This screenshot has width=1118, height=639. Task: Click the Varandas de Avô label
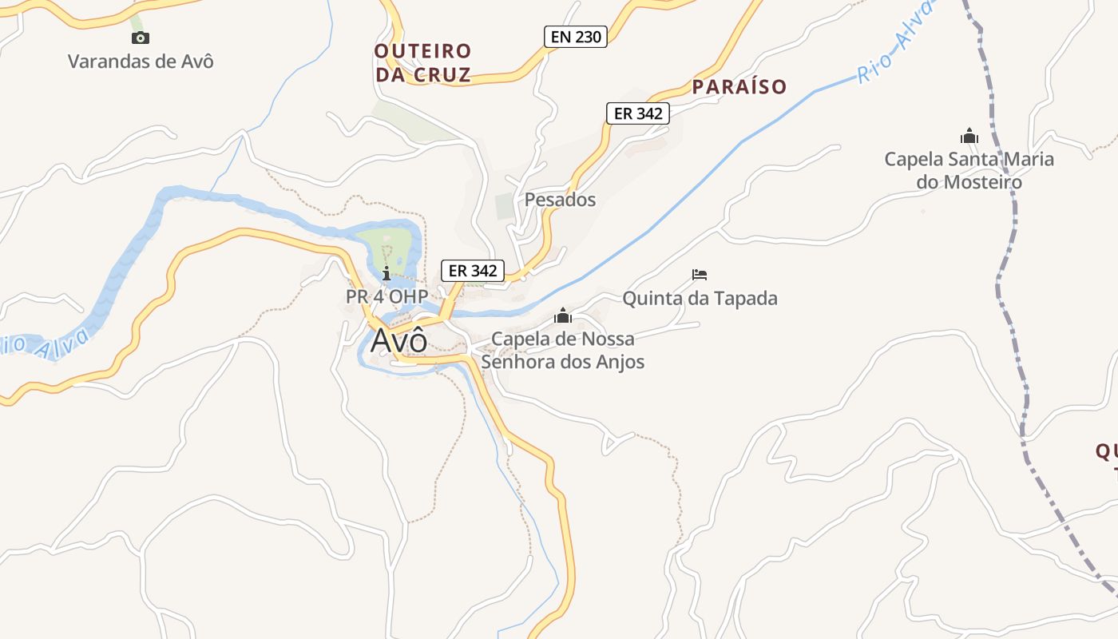[x=141, y=61]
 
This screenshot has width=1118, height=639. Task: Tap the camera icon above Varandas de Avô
[x=141, y=38]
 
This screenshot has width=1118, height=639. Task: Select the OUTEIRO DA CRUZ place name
[x=422, y=63]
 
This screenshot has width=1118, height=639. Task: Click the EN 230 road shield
[x=576, y=36]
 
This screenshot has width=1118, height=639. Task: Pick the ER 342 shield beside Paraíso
[x=636, y=113]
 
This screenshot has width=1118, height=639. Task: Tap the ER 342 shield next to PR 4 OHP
[x=473, y=271]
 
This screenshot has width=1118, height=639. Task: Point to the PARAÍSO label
[x=739, y=86]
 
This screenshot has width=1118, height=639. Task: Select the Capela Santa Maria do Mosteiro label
[x=969, y=170]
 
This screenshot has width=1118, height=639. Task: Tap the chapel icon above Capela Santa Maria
[x=969, y=137]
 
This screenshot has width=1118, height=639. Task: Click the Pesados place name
[x=560, y=200]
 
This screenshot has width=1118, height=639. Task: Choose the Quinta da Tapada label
[x=700, y=299]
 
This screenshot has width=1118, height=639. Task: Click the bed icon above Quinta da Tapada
[x=700, y=275]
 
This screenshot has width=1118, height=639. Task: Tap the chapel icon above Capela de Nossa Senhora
[x=563, y=316]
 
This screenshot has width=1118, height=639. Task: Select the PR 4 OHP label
[x=387, y=296]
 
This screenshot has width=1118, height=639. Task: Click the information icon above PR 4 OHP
[x=387, y=273]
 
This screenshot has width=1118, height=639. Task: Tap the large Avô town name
[x=398, y=341]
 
